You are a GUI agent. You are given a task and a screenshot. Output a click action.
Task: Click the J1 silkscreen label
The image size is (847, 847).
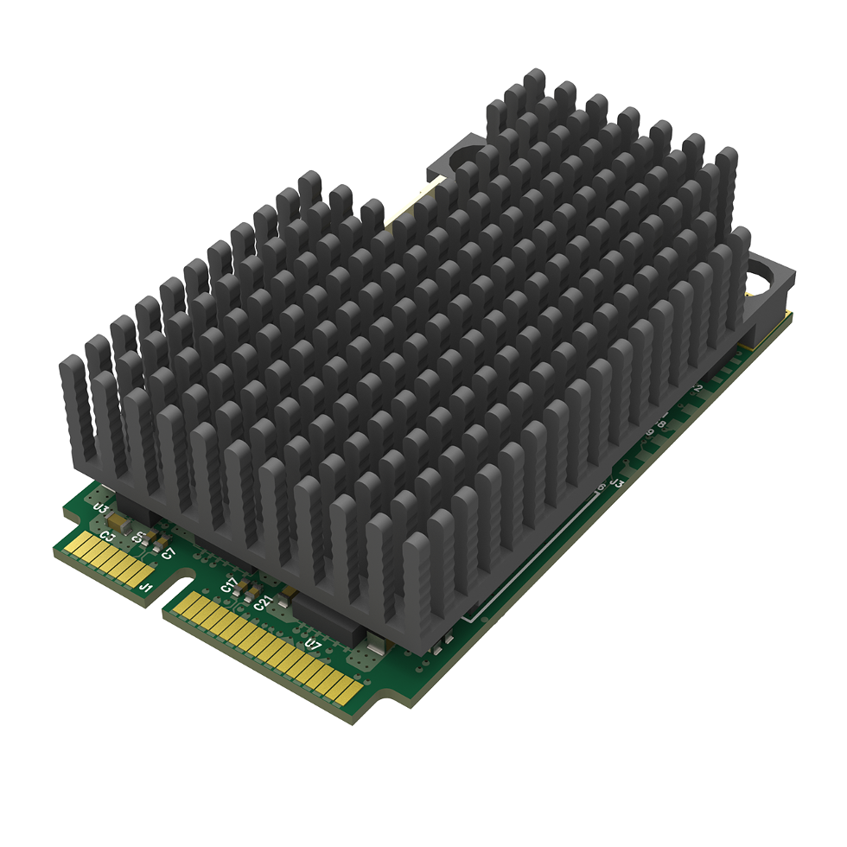coord(146,589)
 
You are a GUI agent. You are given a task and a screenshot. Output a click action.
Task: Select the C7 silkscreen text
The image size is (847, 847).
coord(169,551)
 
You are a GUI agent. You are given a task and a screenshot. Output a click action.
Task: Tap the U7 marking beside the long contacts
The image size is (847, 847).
coord(313,644)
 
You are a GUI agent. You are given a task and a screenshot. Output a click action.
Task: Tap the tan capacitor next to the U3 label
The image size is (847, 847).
coord(117,523)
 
